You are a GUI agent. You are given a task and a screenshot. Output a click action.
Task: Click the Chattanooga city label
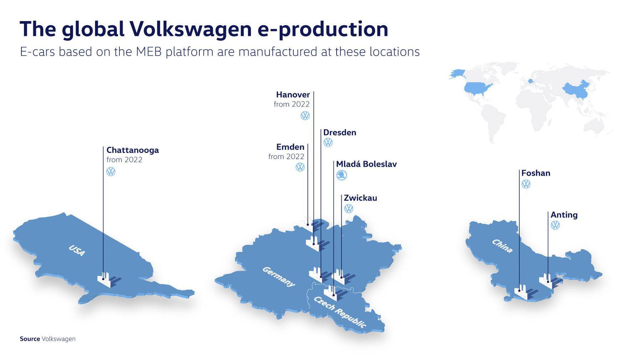[x=132, y=150]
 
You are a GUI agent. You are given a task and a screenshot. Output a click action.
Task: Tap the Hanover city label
[x=293, y=94]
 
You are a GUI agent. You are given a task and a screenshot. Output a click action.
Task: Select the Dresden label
[x=339, y=132]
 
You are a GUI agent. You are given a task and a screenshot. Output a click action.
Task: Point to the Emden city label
[x=290, y=147]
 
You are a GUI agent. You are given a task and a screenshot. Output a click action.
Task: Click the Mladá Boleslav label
[x=366, y=164]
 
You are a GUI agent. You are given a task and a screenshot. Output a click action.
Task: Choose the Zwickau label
[x=360, y=198]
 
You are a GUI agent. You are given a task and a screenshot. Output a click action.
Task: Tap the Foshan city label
[x=536, y=173]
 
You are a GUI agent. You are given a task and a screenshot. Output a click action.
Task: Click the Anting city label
[x=564, y=215]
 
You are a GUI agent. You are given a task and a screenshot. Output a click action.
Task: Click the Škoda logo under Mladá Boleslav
[x=342, y=175]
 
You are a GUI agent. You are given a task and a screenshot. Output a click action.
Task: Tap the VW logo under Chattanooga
[x=111, y=171]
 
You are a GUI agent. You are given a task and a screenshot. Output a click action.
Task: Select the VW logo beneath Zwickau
[x=348, y=209]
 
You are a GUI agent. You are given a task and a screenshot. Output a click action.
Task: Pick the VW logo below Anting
[x=555, y=225]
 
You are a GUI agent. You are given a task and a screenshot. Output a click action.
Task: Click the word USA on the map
[x=77, y=250]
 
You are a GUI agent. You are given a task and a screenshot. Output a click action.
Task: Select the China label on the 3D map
[x=502, y=246]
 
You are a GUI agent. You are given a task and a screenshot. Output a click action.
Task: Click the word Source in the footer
[x=30, y=339]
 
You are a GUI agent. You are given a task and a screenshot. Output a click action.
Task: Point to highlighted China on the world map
[x=575, y=89]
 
